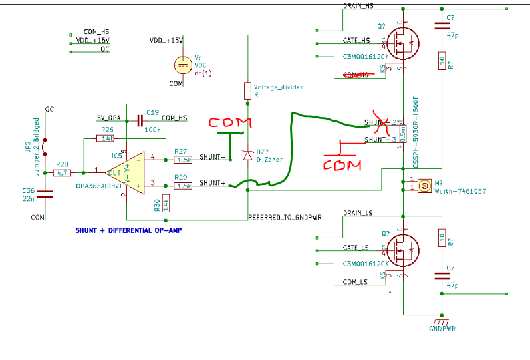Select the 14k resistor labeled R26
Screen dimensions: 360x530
[x=105, y=138]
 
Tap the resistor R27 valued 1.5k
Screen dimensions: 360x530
[x=183, y=160]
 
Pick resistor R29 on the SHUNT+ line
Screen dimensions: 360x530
[x=183, y=186]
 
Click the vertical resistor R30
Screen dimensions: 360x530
[x=165, y=203]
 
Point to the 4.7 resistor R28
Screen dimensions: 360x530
[x=61, y=172]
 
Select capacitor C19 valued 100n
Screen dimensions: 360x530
[x=140, y=120]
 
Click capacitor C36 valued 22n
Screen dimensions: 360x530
[x=45, y=194]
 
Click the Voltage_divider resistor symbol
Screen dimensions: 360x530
[x=247, y=91]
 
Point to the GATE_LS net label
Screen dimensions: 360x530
[x=356, y=247]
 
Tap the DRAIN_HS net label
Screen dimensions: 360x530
[x=358, y=6]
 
